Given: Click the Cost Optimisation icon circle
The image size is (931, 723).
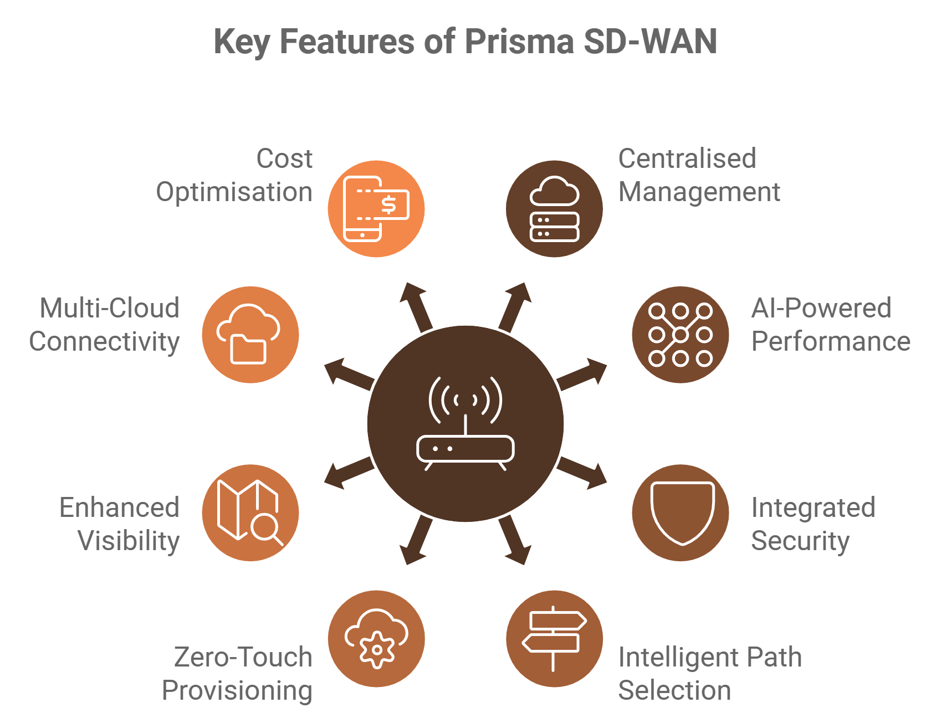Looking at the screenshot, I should click(376, 208).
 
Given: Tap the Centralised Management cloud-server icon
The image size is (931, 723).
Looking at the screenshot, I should click(554, 208).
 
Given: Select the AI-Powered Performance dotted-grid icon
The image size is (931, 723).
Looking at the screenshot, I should click(681, 335).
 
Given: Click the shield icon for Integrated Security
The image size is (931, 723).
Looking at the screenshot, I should click(681, 513).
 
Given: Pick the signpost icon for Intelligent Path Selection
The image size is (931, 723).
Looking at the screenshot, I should click(554, 639).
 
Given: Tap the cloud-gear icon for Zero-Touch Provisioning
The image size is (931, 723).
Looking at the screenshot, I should click(376, 639).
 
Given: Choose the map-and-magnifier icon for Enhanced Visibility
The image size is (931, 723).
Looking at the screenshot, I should click(250, 513).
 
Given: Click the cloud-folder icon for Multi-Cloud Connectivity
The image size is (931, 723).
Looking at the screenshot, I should click(250, 335).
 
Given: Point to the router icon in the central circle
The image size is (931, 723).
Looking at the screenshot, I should click(465, 424).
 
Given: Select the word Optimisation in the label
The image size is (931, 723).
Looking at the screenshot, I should click(234, 192).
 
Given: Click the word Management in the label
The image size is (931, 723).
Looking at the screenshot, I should click(699, 192).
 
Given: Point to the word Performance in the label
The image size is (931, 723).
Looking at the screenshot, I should click(830, 341).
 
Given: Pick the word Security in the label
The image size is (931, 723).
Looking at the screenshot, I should click(800, 541).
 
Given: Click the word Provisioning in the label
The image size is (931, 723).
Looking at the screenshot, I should click(237, 691).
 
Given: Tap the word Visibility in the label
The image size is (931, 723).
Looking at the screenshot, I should click(129, 541).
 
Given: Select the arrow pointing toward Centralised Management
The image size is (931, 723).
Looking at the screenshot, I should click(515, 304).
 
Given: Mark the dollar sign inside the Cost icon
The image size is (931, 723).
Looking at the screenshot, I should click(389, 206).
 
